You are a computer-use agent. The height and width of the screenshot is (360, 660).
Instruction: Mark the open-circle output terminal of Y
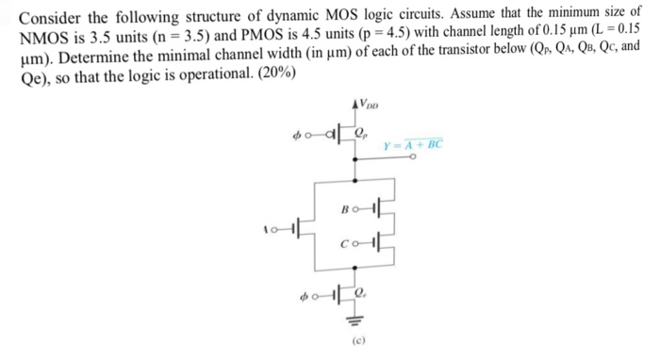coord(412,159)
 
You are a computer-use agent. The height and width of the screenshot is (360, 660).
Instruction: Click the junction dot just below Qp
coord(355,159)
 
